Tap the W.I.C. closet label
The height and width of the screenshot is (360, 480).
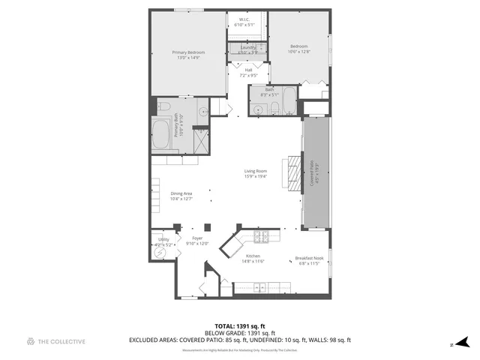pyautogui.click(x=244, y=20)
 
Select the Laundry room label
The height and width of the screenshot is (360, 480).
pyautogui.click(x=247, y=48)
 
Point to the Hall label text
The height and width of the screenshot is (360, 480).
pyautogui.click(x=247, y=70)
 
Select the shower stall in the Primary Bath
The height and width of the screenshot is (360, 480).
pyautogui.click(x=200, y=139)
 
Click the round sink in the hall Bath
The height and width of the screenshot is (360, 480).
pyautogui.click(x=257, y=110)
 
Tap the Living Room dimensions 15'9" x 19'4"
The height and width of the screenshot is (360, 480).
pyautogui.click(x=255, y=177)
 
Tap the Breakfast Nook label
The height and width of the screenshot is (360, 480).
pyautogui.click(x=309, y=259)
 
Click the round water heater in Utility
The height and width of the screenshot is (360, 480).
pyautogui.click(x=160, y=253)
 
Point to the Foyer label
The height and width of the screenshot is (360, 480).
pyautogui.click(x=197, y=238)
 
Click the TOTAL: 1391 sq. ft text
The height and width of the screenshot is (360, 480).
pyautogui.click(x=239, y=326)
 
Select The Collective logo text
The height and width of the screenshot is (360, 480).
pyautogui.click(x=61, y=341)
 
